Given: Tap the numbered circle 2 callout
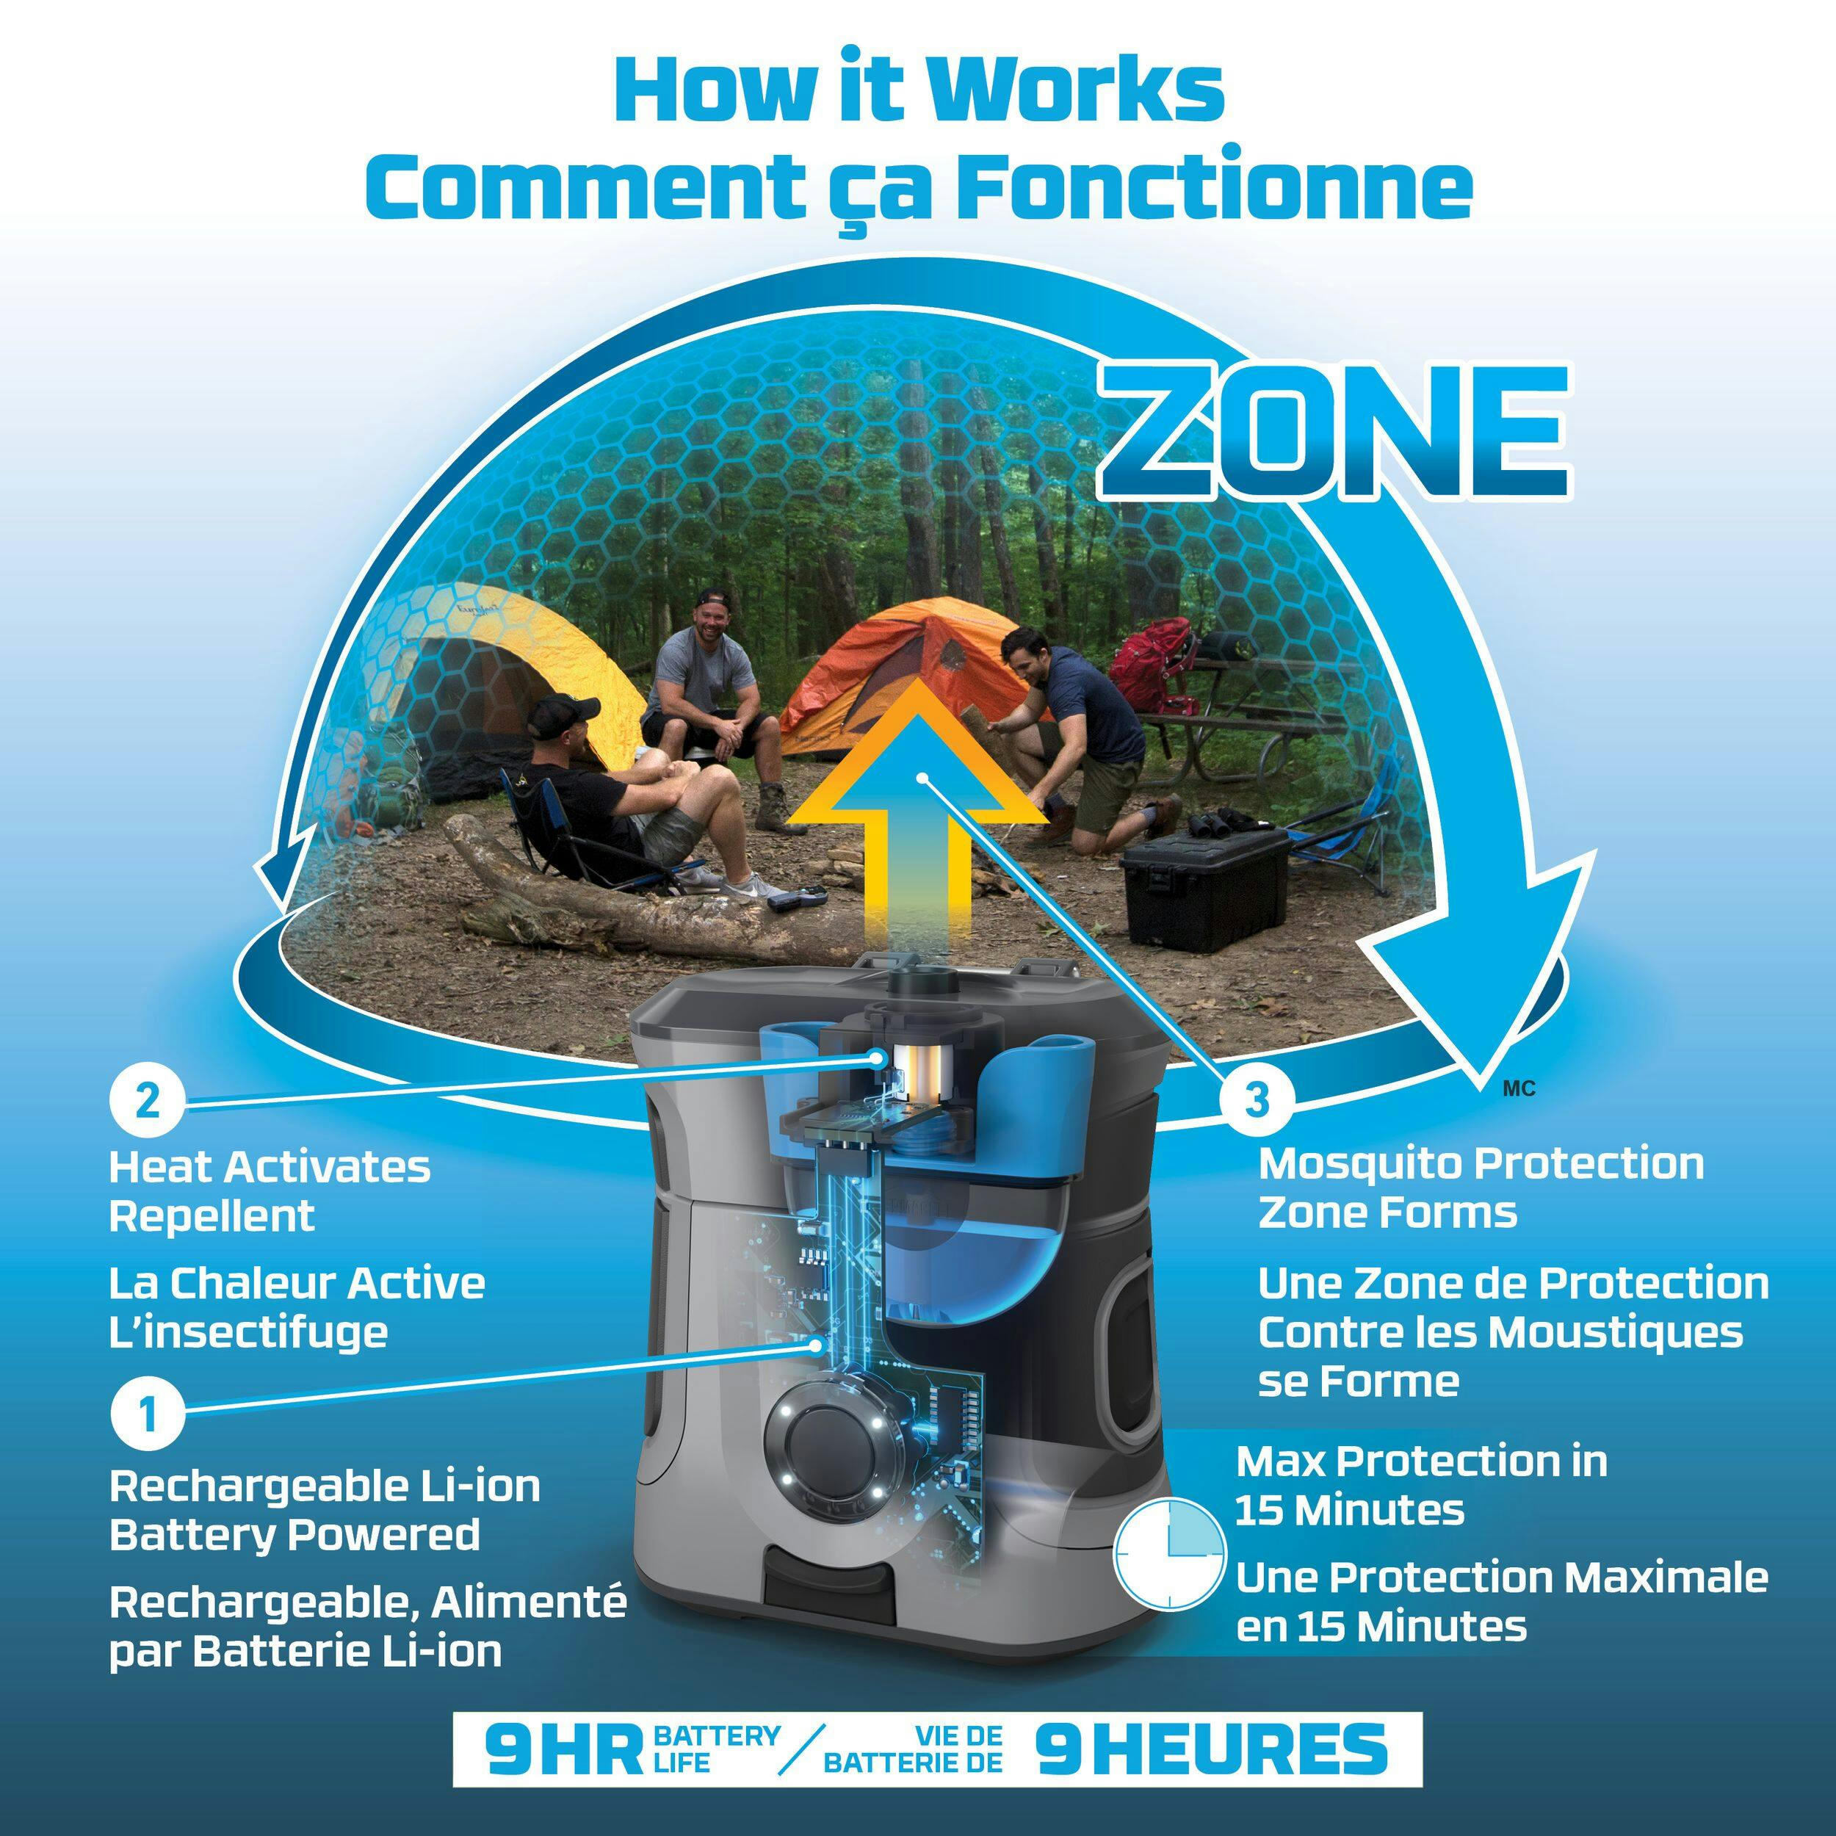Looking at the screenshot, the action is coord(148,1103).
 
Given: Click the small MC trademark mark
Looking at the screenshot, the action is coord(1519,1089).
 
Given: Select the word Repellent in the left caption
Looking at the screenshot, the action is coord(211,1216).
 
